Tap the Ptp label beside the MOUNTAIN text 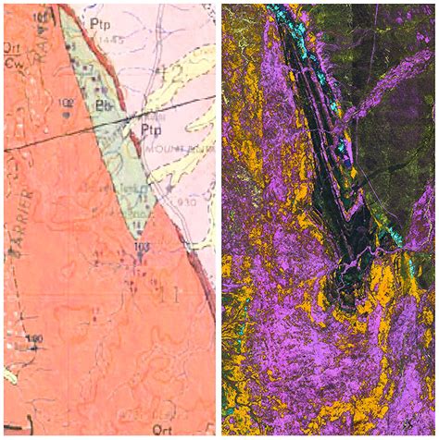[151, 119]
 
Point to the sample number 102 [67, 103]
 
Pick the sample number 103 [141, 247]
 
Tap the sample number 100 [35, 339]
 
